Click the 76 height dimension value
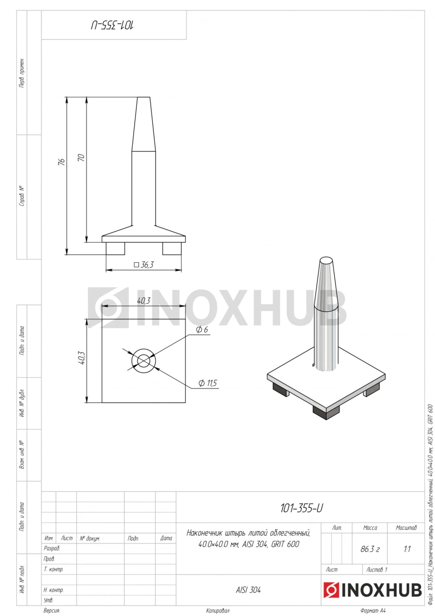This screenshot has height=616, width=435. (62, 161)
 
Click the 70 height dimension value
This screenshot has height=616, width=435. (82, 157)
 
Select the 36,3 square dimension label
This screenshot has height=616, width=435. (144, 265)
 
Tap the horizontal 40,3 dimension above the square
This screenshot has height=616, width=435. (144, 301)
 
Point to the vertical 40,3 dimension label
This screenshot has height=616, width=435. (82, 358)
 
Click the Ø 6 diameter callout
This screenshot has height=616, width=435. (202, 330)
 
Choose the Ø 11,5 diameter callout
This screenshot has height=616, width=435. (208, 383)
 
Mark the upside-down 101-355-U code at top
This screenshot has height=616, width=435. (112, 26)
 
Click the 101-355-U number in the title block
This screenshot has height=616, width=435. (301, 508)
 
